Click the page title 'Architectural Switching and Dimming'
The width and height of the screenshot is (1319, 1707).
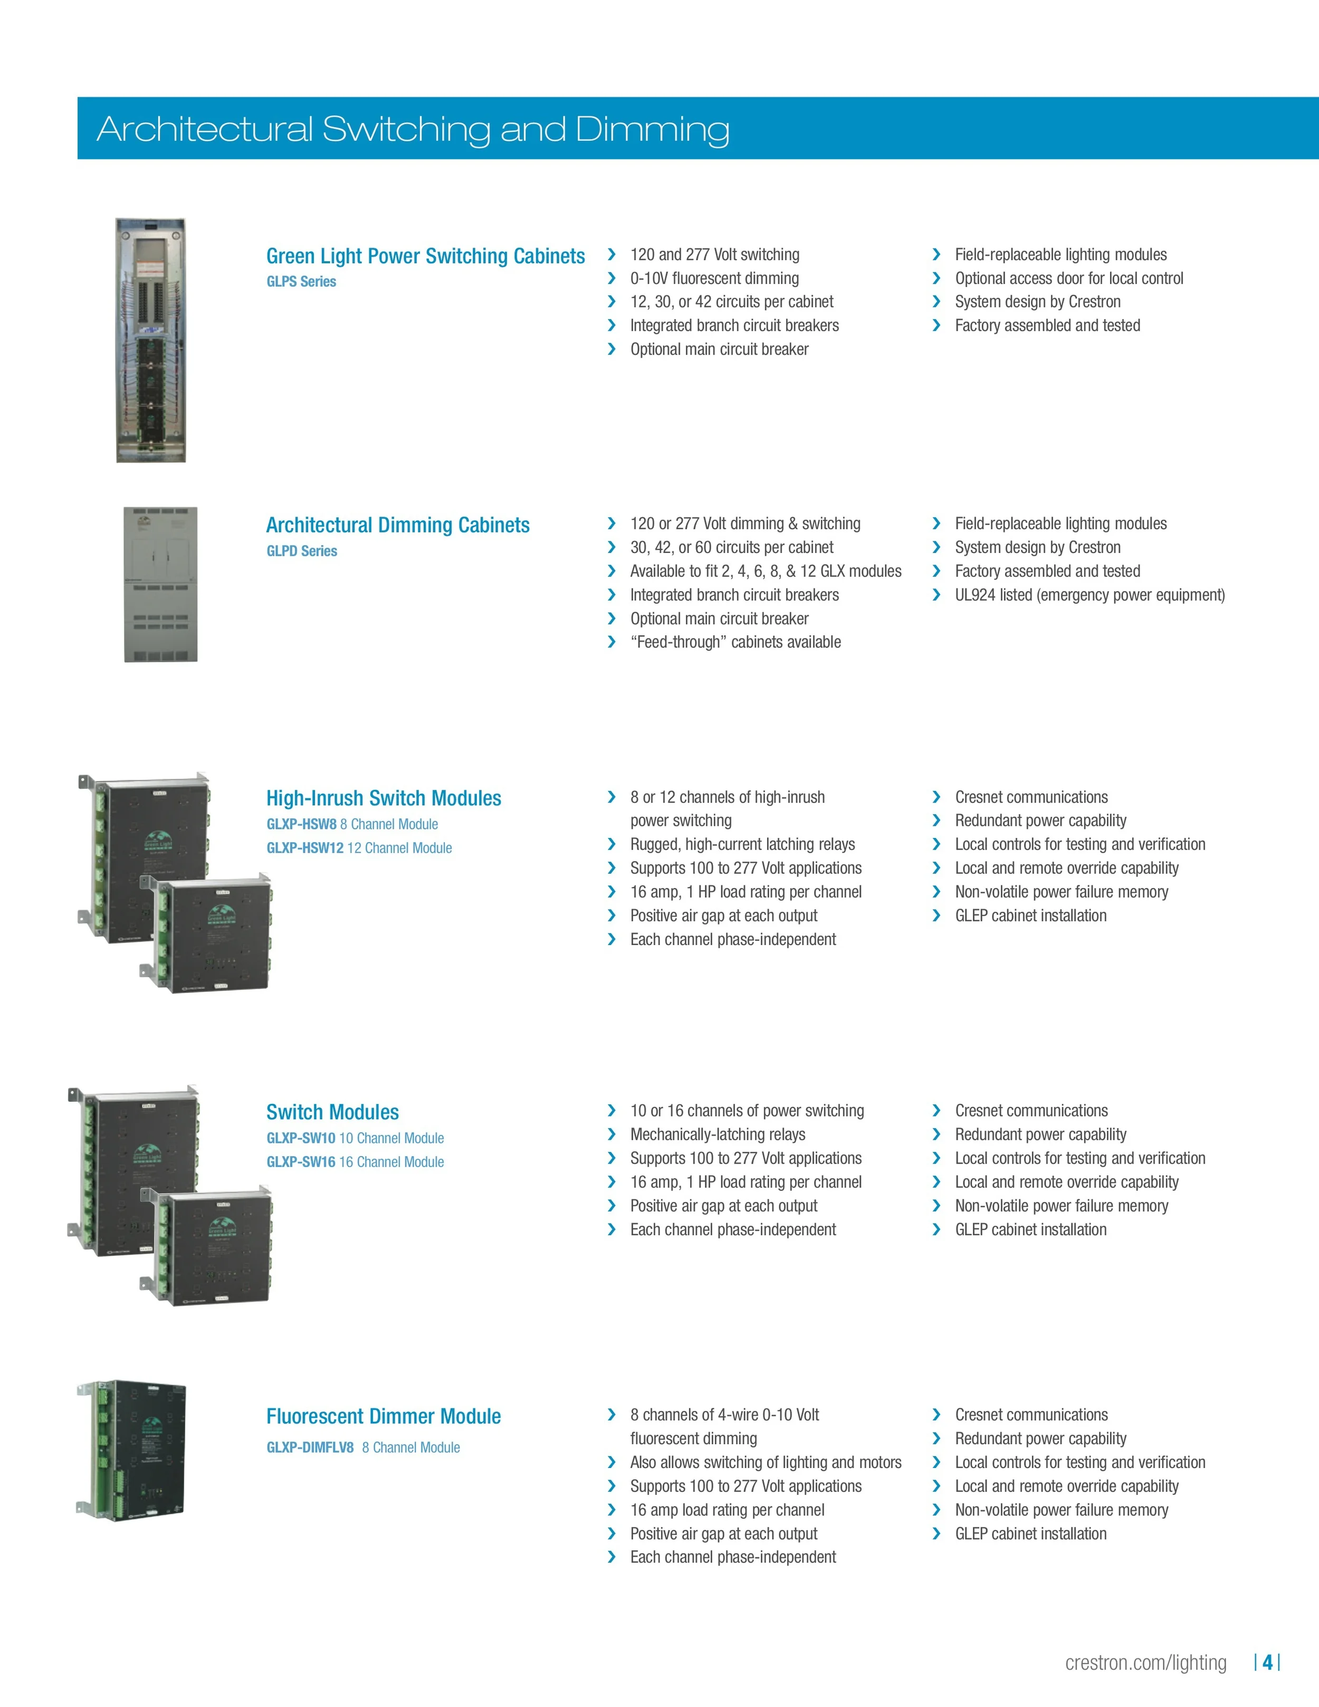[x=413, y=129]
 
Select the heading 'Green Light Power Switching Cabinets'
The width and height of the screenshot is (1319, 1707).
[x=425, y=256]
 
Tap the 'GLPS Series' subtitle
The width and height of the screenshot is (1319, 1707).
[x=301, y=281]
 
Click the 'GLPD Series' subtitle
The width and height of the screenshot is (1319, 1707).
[x=302, y=551]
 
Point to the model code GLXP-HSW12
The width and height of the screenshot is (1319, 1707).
[x=305, y=848]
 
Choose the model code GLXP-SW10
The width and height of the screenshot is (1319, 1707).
[x=301, y=1138]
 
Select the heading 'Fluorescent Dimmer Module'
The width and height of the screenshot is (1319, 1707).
[x=383, y=1416]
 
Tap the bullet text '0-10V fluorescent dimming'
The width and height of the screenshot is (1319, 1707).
[x=714, y=278]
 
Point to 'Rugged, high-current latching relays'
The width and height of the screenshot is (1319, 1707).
[x=742, y=844]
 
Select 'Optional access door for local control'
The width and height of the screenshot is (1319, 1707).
[x=1068, y=278]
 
